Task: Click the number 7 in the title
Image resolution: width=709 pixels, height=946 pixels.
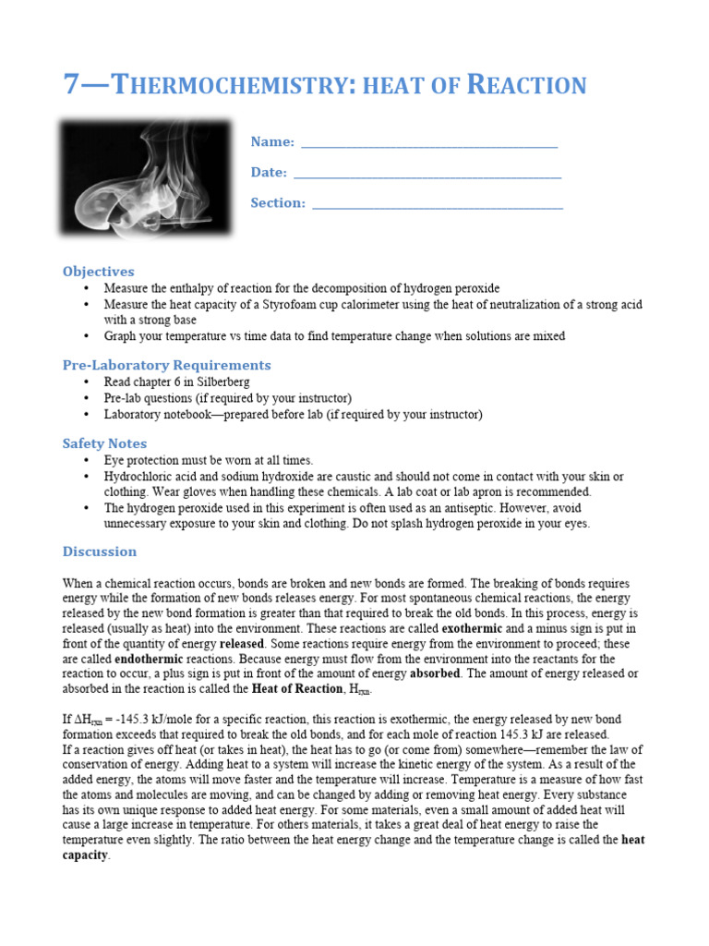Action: tap(72, 85)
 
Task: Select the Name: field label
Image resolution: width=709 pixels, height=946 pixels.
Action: tap(272, 141)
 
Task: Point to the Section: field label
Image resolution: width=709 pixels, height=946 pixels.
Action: tap(277, 202)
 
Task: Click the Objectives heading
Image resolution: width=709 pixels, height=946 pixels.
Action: tap(98, 271)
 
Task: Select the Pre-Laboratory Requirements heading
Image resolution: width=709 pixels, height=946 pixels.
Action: tap(166, 365)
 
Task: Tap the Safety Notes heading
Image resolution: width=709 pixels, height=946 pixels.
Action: tap(104, 443)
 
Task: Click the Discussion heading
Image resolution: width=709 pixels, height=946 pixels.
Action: tap(99, 552)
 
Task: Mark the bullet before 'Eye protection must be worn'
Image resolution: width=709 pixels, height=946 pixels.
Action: tap(85, 460)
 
